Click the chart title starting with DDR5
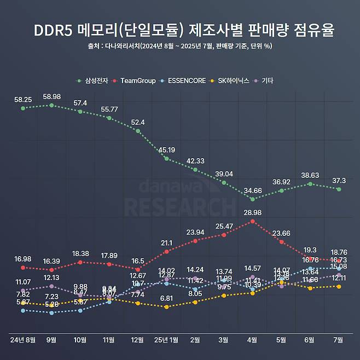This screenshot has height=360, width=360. (180, 30)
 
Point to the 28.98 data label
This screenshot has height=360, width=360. (252, 212)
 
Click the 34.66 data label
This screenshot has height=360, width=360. (252, 190)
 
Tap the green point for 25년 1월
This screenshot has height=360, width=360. (166, 159)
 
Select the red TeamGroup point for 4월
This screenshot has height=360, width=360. (252, 221)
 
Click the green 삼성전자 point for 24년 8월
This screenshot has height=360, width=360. (23, 108)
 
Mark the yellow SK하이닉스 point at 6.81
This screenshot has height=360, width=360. (166, 307)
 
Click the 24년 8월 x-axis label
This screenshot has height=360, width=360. (23, 340)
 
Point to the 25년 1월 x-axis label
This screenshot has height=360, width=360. (166, 340)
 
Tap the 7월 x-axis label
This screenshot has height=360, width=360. (339, 340)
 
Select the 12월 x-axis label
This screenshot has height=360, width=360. (137, 340)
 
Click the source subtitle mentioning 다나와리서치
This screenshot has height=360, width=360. (180, 46)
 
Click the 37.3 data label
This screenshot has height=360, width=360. (339, 181)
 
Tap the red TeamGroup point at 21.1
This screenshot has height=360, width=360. (166, 252)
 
